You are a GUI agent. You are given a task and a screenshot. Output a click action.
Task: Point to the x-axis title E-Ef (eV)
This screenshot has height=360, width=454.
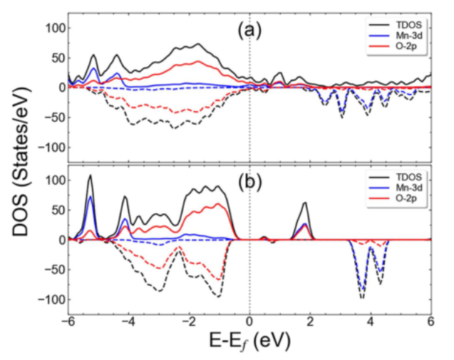[x=249, y=341]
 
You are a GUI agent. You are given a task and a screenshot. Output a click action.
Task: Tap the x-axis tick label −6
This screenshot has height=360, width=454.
[x=68, y=319]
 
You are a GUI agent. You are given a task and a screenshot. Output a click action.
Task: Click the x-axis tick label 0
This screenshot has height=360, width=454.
[x=249, y=319]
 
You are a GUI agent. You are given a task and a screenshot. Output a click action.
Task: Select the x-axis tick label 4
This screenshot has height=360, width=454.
[x=371, y=319]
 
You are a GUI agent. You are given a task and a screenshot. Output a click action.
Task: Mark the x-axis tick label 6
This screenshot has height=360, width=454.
[x=430, y=319]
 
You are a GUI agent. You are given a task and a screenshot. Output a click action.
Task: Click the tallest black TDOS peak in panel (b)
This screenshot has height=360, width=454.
[x=91, y=175]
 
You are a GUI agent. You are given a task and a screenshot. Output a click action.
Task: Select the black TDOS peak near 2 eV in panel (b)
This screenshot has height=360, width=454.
[x=305, y=203]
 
